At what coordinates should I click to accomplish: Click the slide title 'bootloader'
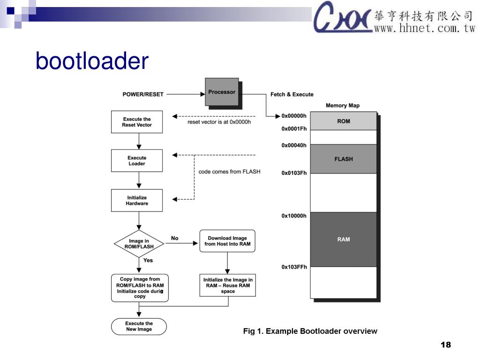(x=92, y=61)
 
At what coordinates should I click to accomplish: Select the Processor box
(x=222, y=92)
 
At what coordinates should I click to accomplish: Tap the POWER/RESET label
(x=143, y=94)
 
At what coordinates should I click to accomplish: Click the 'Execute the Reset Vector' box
(x=137, y=122)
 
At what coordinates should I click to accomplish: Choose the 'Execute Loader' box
(x=137, y=161)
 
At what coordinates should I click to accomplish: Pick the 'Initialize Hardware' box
(x=137, y=201)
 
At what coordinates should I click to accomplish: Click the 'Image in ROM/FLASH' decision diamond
(x=139, y=244)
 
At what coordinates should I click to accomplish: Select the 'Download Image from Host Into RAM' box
(x=227, y=241)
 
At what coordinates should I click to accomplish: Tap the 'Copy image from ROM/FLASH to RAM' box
(x=140, y=288)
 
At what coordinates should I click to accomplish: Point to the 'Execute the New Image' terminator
(x=139, y=326)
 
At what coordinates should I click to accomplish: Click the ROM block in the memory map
(x=344, y=121)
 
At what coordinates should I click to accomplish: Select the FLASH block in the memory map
(x=344, y=159)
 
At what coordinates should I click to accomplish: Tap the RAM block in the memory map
(x=344, y=239)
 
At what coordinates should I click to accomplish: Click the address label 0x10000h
(x=294, y=216)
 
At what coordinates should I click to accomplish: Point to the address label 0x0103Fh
(x=294, y=173)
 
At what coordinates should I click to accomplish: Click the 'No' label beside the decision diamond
(x=175, y=238)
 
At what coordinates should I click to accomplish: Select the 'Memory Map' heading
(x=343, y=105)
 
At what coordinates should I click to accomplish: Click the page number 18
(x=445, y=345)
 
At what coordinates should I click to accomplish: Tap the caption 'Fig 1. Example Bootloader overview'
(x=310, y=331)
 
